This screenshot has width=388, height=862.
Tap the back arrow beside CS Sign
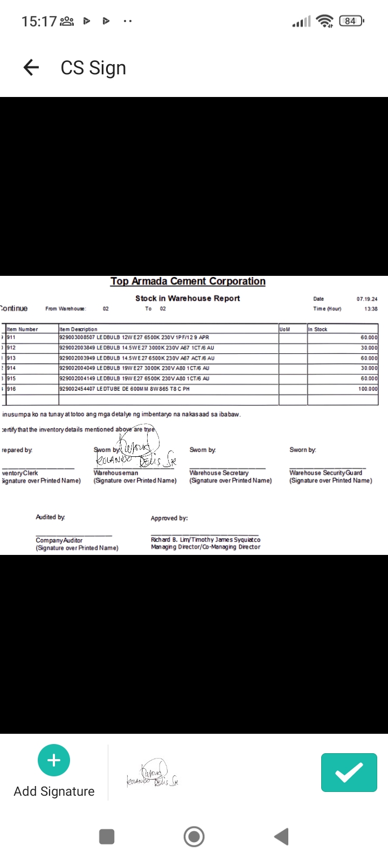coord(31,67)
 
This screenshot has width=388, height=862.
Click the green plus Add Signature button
coord(54,760)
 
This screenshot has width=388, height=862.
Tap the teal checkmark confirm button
coord(349,773)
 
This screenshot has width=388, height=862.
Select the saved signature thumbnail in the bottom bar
coord(153,774)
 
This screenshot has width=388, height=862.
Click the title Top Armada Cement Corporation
coord(188,281)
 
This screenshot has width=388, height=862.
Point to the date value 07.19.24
coord(367,298)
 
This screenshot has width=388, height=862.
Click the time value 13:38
coord(371,309)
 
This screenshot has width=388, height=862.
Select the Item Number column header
coord(22,329)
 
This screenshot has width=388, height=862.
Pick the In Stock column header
coord(318,329)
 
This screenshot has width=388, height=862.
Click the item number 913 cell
coord(11,358)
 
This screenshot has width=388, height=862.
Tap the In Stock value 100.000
coord(368,388)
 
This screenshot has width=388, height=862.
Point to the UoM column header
coord(285,329)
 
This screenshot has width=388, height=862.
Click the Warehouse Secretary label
coord(219,472)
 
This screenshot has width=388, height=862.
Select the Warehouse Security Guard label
coord(325,472)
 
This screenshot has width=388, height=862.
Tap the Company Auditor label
coord(59,540)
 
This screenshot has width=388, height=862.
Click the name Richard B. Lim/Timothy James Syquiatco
coord(205,539)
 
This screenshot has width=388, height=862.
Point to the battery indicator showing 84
coord(351,21)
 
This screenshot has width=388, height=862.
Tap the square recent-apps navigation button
coord(107,837)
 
